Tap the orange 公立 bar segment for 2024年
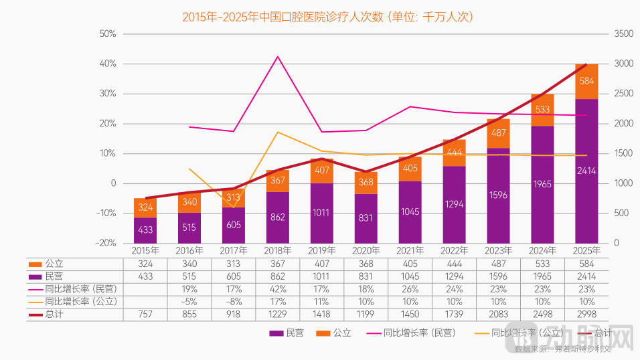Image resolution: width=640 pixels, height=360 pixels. click(543, 110)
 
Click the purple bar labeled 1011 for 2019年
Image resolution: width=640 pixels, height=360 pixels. click(321, 213)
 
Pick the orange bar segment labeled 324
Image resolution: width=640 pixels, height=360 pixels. click(145, 207)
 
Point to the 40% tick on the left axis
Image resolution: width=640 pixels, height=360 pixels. click(108, 64)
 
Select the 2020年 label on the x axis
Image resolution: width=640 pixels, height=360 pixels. click(366, 250)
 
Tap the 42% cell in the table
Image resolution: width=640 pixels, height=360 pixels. click(278, 289)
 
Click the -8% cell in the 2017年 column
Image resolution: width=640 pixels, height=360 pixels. click(234, 302)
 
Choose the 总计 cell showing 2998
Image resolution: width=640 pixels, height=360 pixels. click(587, 314)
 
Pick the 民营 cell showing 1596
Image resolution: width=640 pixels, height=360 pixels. click(499, 276)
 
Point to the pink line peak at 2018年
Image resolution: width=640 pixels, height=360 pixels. click(278, 56)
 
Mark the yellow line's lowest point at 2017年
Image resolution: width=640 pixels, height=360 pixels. click(234, 207)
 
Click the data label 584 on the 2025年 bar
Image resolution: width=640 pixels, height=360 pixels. click(587, 81)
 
